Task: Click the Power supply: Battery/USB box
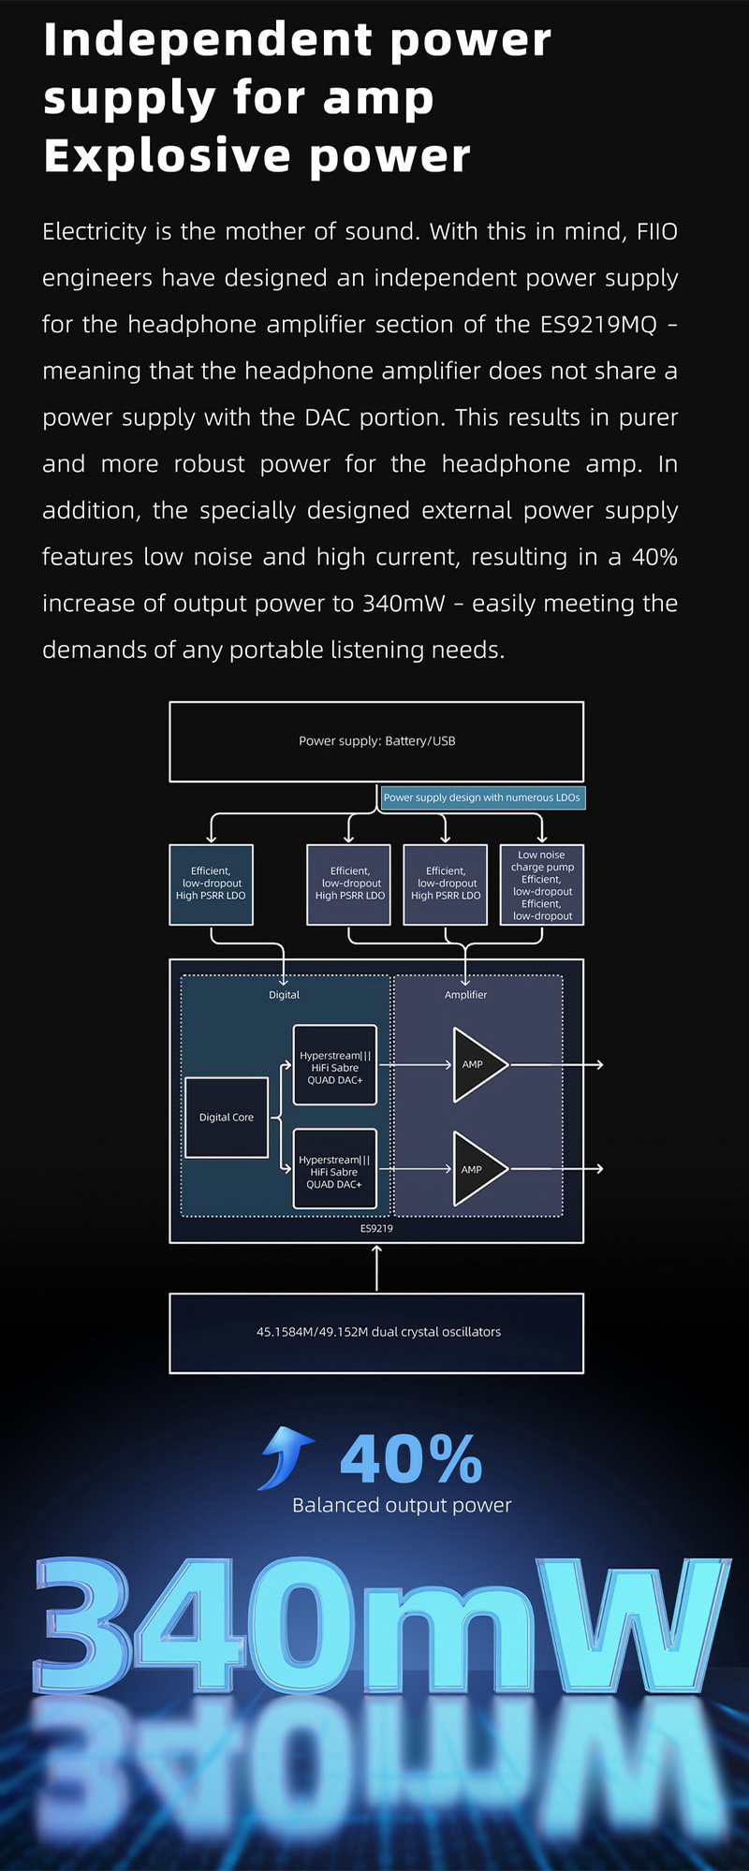pyautogui.click(x=376, y=741)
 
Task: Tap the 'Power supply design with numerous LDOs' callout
pyautogui.click(x=482, y=797)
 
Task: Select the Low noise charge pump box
pyautogui.click(x=542, y=884)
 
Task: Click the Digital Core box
pyautogui.click(x=227, y=1118)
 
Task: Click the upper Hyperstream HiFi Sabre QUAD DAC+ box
pyautogui.click(x=335, y=1065)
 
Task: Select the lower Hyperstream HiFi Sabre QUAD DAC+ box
pyautogui.click(x=335, y=1170)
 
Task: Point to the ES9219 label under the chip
pyautogui.click(x=376, y=1228)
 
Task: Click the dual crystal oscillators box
pyautogui.click(x=376, y=1333)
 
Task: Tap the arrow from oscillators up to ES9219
pyautogui.click(x=376, y=1268)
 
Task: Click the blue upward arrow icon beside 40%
pyautogui.click(x=286, y=1456)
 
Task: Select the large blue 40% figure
pyautogui.click(x=411, y=1458)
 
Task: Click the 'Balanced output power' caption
pyautogui.click(x=402, y=1505)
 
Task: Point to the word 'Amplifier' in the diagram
pyautogui.click(x=465, y=995)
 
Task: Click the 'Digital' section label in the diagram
pyautogui.click(x=284, y=995)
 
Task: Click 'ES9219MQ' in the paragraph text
pyautogui.click(x=598, y=325)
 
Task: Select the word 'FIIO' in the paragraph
pyautogui.click(x=656, y=232)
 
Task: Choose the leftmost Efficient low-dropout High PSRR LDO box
pyautogui.click(x=212, y=884)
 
